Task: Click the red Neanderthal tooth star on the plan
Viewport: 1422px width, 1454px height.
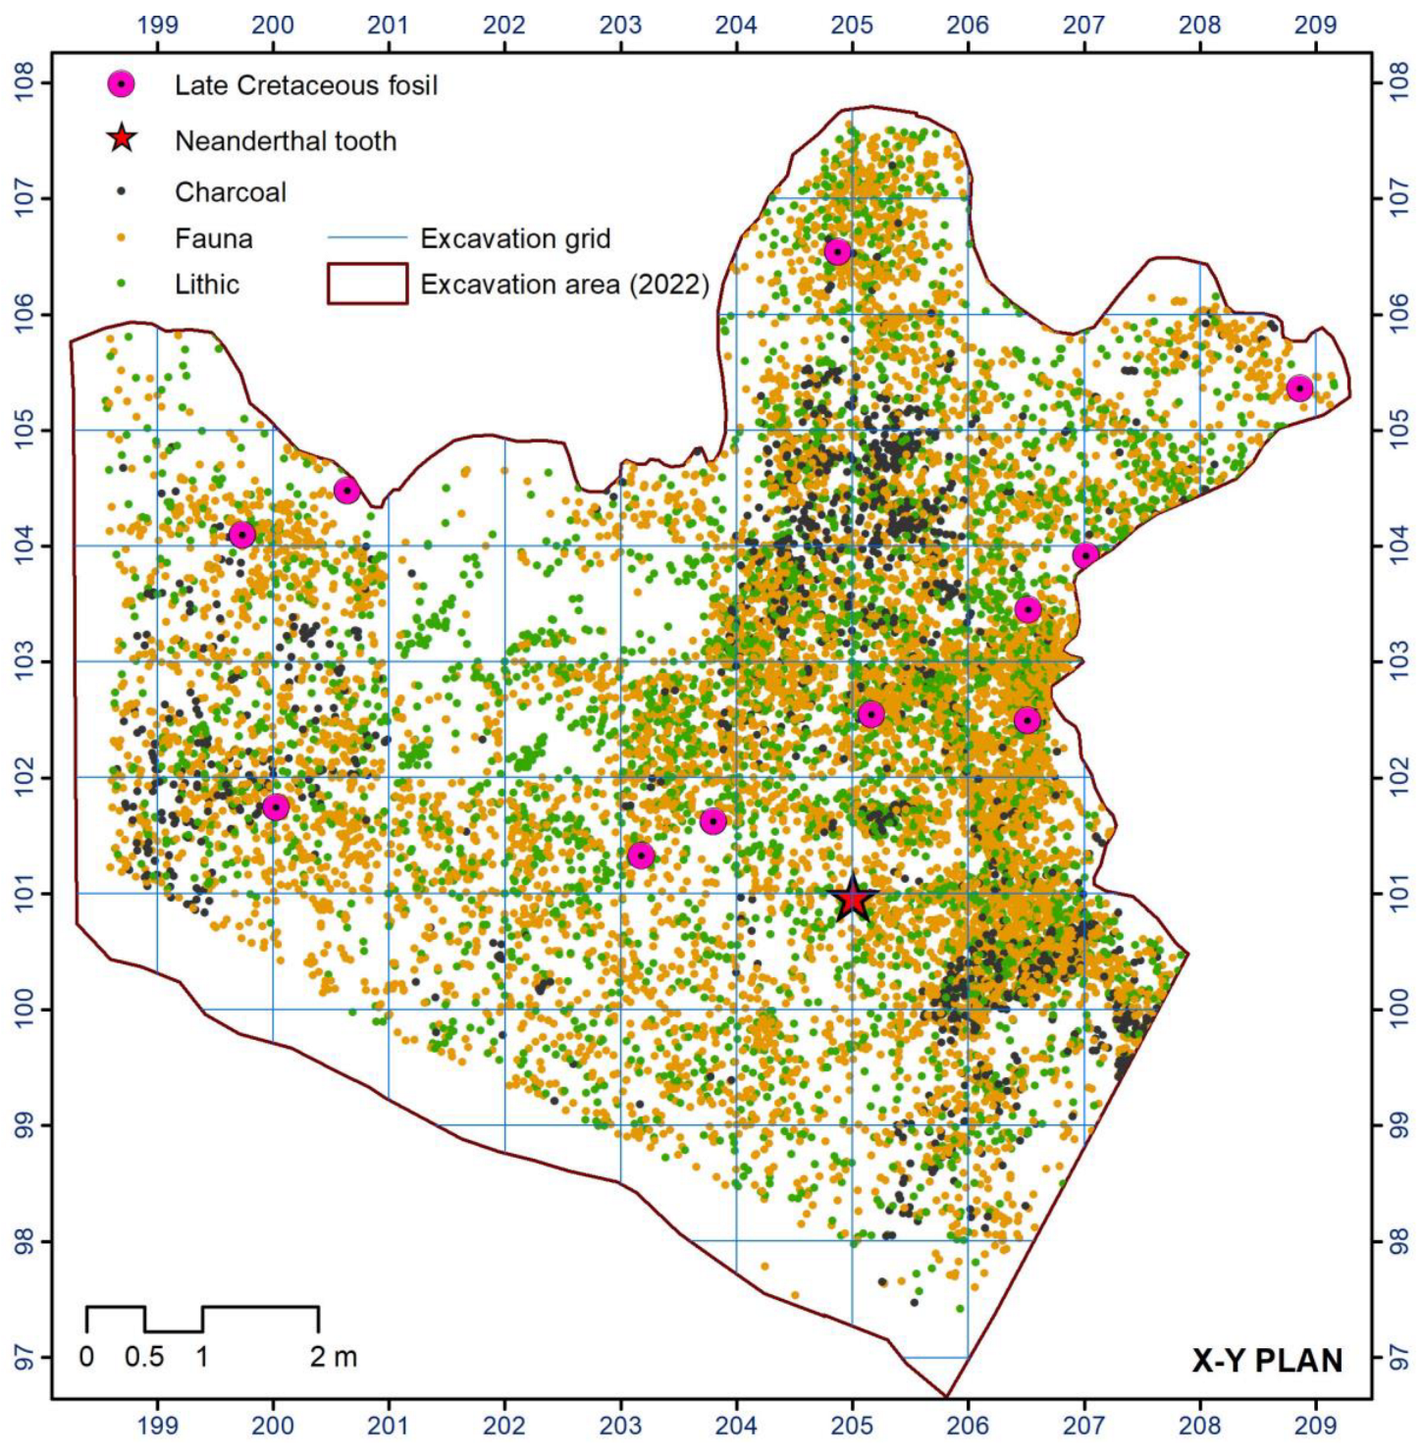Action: click(x=852, y=899)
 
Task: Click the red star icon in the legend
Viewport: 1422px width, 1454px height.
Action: click(x=121, y=139)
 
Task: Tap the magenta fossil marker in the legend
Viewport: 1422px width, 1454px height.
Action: click(x=121, y=84)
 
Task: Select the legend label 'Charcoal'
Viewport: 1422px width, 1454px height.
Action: click(x=231, y=192)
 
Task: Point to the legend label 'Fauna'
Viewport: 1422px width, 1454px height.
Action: click(x=214, y=238)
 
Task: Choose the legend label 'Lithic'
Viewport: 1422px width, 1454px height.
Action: click(x=207, y=285)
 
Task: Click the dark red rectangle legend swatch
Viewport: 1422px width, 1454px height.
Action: click(x=367, y=284)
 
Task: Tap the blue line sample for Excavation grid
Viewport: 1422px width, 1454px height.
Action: click(x=367, y=238)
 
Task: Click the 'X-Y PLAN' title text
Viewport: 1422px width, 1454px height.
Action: click(x=1267, y=1361)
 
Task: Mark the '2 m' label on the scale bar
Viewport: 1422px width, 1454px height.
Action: click(x=334, y=1358)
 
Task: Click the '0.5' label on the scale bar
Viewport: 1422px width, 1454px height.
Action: click(x=144, y=1358)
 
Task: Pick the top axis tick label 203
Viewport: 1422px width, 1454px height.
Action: click(x=620, y=25)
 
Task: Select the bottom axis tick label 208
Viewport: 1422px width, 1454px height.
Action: click(x=1199, y=1425)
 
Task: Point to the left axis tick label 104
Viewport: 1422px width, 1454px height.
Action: click(x=25, y=545)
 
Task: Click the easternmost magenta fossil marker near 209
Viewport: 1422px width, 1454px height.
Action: click(x=1299, y=389)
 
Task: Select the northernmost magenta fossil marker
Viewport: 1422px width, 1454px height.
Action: click(x=836, y=252)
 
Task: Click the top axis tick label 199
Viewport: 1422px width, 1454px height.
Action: click(x=157, y=25)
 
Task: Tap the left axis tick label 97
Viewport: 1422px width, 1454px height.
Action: click(x=25, y=1357)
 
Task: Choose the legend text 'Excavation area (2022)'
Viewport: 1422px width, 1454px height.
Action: click(x=564, y=285)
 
